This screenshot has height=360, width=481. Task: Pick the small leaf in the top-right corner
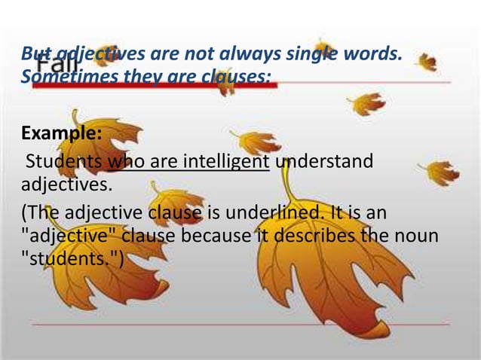[x=427, y=61]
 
